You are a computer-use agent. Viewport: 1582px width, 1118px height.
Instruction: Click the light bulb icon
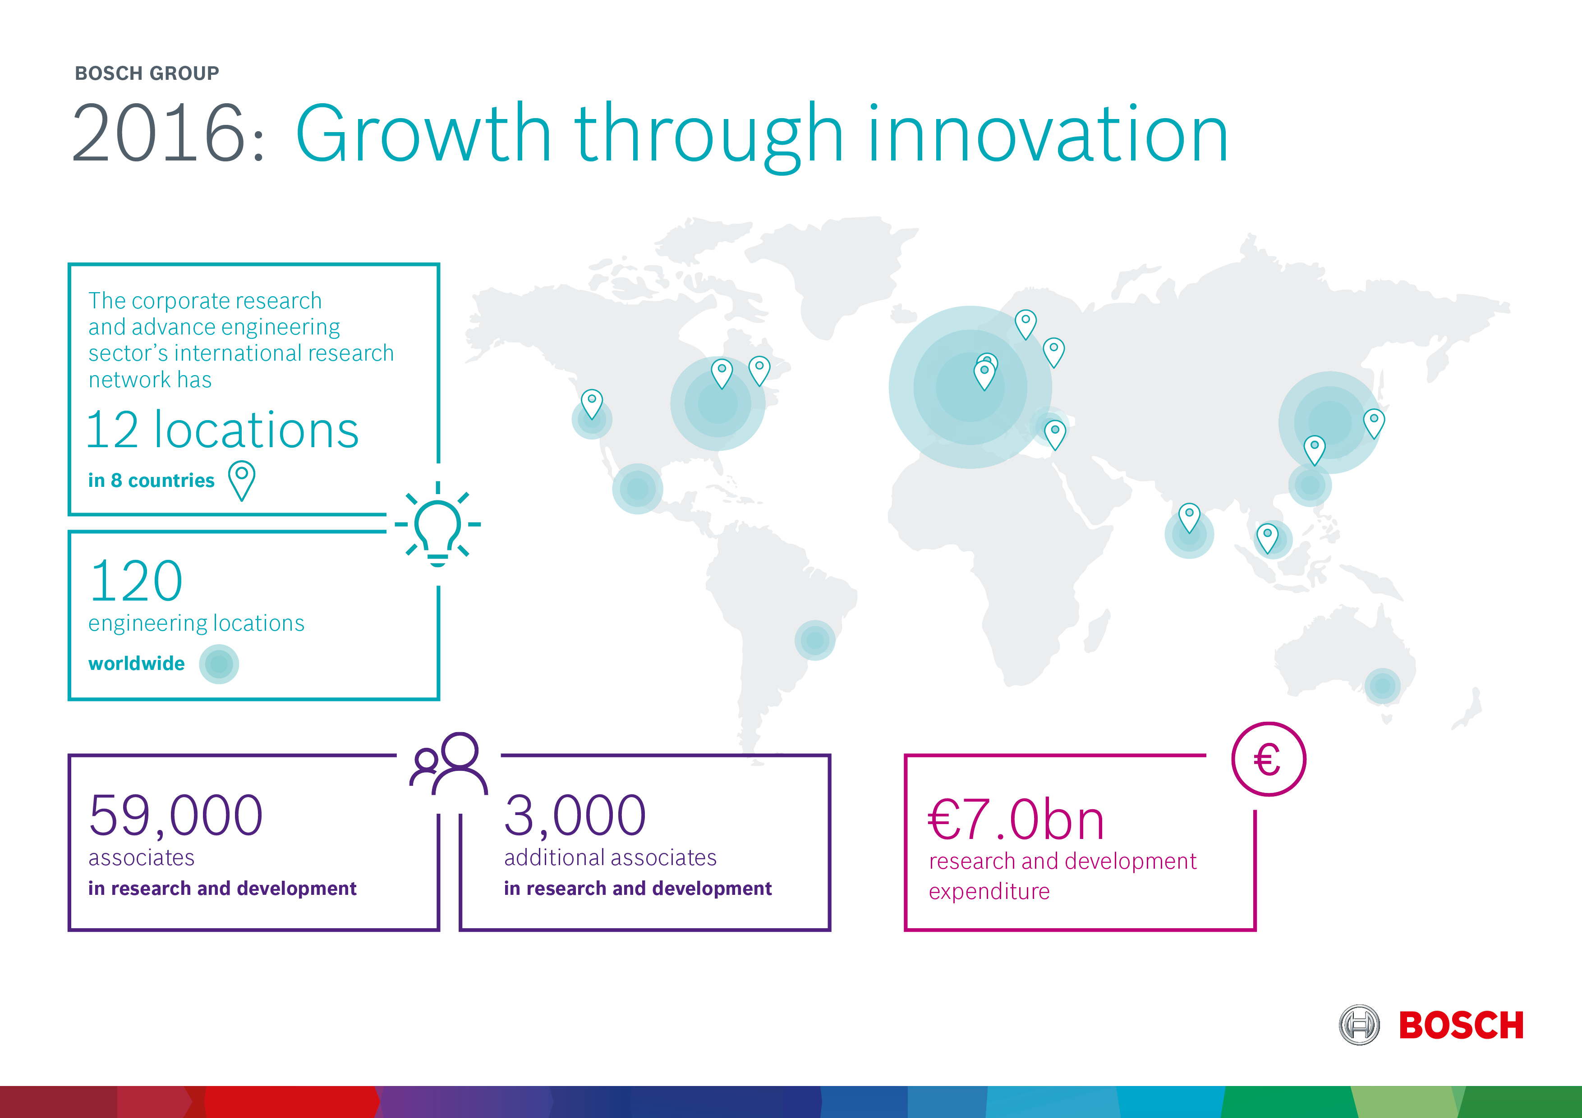pos(437,525)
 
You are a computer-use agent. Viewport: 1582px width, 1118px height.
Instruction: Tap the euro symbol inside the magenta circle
pos(1267,761)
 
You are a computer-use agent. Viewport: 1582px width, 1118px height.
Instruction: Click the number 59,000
pos(176,816)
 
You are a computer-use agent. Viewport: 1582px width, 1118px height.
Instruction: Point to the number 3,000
pos(575,816)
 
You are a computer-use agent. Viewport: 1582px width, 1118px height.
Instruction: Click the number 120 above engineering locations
pos(137,580)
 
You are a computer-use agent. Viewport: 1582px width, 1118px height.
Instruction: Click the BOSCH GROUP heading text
pos(147,73)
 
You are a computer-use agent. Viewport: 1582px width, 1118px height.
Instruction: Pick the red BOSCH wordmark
pos(1461,1026)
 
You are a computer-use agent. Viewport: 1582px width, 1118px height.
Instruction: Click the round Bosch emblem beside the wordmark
pos(1359,1025)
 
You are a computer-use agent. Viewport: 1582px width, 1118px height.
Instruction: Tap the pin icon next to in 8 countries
pos(242,480)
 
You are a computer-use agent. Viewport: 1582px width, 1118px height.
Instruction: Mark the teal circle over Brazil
pos(815,640)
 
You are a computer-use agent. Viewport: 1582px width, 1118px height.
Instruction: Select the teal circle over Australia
pos(1383,686)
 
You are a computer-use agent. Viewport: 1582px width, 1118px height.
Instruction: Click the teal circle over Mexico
pos(637,488)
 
